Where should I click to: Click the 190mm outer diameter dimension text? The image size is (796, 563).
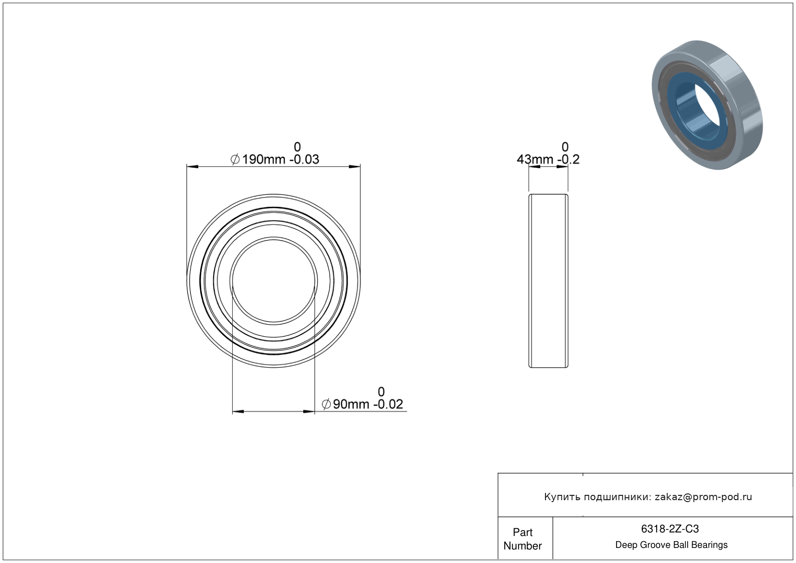pyautogui.click(x=264, y=159)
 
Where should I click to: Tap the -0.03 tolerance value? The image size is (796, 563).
pyautogui.click(x=305, y=159)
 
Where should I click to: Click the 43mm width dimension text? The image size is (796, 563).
pyautogui.click(x=535, y=159)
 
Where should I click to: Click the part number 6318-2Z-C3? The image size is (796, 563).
pyautogui.click(x=670, y=529)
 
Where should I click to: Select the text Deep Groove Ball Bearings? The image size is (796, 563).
pyautogui.click(x=671, y=545)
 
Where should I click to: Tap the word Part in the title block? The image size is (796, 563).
pyautogui.click(x=522, y=532)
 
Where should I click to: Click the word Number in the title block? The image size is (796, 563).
pyautogui.click(x=522, y=546)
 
